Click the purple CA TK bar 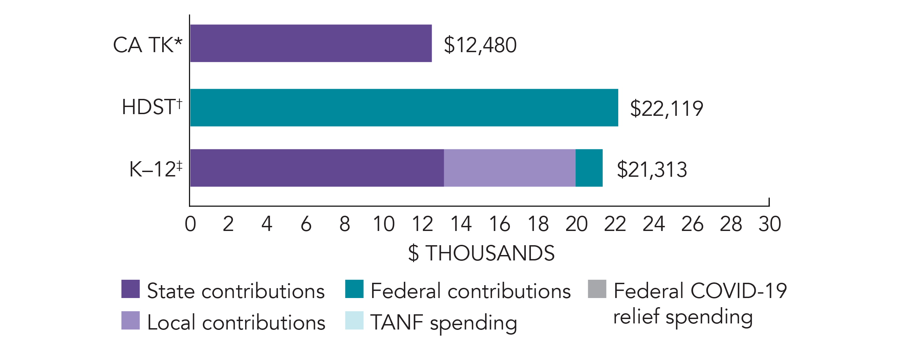310,43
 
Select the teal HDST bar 404,107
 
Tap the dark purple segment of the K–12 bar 317,168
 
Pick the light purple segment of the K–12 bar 509,168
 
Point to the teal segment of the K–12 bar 589,168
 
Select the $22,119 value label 666,108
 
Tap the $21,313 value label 652,170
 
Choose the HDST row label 152,107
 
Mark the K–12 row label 156,169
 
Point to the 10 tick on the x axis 384,224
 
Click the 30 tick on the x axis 770,224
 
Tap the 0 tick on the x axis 190,224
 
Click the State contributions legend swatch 130,289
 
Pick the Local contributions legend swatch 130,320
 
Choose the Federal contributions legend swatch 354,289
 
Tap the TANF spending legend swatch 354,320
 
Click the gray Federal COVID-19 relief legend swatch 597,289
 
